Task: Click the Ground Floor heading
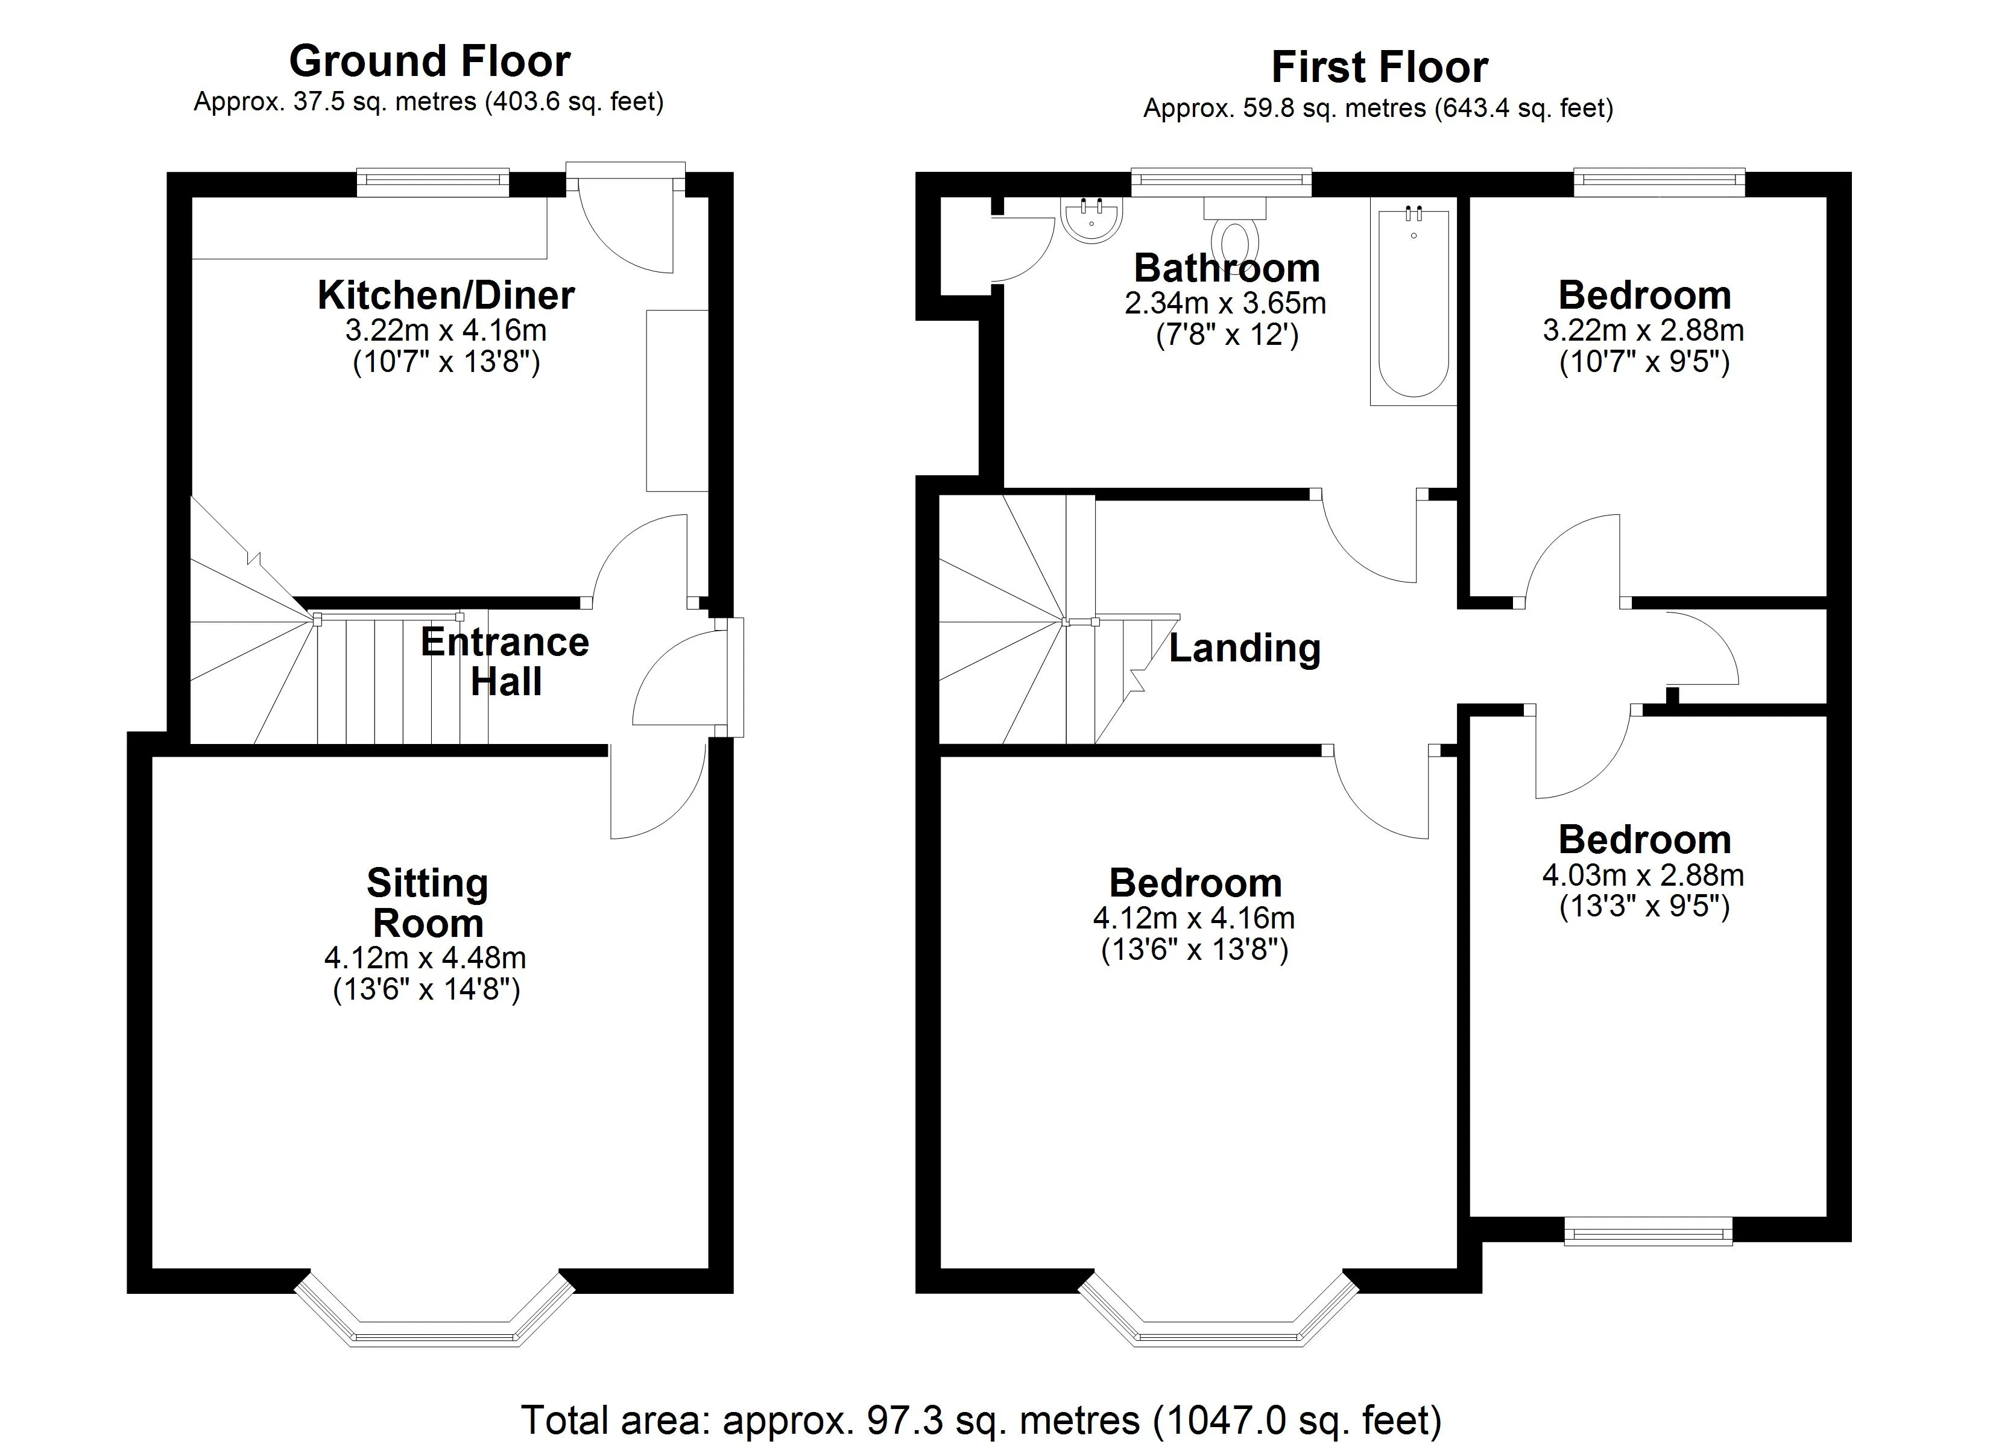[x=430, y=61]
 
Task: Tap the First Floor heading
[x=1379, y=68]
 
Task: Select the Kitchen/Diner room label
[x=446, y=295]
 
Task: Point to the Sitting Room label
[x=428, y=903]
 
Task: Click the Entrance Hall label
[x=505, y=661]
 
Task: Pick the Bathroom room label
[x=1227, y=268]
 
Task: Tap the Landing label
[x=1244, y=649]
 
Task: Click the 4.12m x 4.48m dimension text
[x=426, y=958]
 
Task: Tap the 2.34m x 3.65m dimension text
[x=1225, y=304]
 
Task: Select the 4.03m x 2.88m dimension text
[x=1643, y=875]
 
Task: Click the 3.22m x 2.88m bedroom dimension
[x=1643, y=331]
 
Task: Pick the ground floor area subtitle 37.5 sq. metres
[x=428, y=102]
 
